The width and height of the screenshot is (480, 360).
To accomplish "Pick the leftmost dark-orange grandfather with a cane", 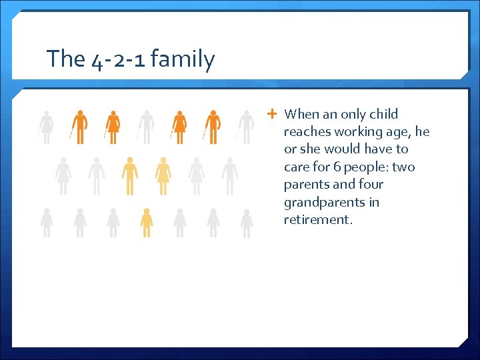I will pos(79,127).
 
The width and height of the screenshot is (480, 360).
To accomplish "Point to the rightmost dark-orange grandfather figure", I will pos(213,127).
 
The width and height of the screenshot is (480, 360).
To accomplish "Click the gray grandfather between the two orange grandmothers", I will pos(146,127).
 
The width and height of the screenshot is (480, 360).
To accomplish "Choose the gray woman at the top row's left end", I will pos(46,127).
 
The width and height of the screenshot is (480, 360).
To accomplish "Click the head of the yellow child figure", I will pos(147,211).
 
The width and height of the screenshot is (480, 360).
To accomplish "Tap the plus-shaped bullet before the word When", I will pos(272,114).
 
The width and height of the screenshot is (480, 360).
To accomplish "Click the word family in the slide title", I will pos(183,59).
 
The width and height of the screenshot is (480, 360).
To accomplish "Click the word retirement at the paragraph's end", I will pos(317,219).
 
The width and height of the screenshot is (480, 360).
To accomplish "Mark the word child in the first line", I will pos(383,114).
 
